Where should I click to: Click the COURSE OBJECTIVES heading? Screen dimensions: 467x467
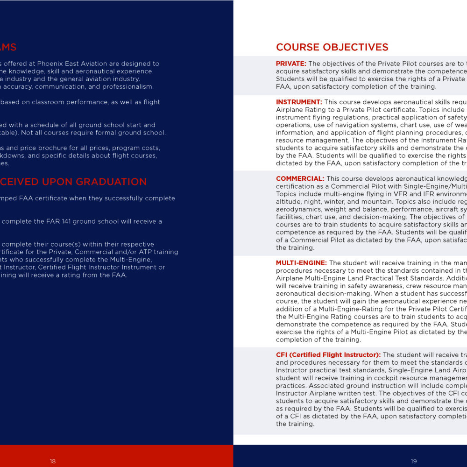332,47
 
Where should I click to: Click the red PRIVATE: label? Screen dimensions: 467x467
291,64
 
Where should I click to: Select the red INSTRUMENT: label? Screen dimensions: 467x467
299,102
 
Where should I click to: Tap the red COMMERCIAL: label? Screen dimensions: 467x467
300,178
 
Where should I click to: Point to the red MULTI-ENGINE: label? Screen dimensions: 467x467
301,263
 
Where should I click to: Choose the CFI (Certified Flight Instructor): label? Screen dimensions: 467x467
328,355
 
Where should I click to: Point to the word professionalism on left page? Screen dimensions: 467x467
129,86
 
